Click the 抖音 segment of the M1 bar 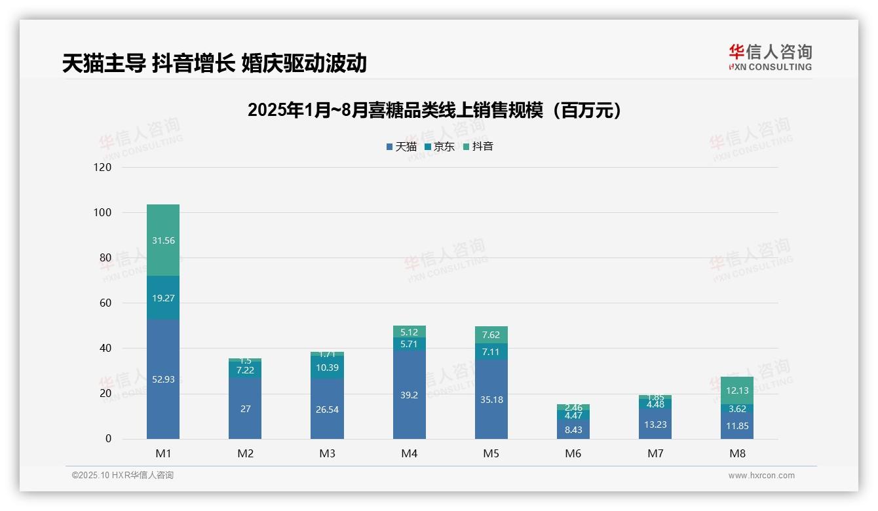click(x=163, y=240)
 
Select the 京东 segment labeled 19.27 click(x=163, y=297)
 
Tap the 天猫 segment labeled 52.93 click(x=163, y=379)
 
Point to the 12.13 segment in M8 click(x=737, y=390)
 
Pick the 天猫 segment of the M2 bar click(x=245, y=408)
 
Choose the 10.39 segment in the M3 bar click(x=327, y=368)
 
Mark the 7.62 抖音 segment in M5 click(x=491, y=335)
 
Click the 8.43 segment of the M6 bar click(x=573, y=429)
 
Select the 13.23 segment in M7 click(x=655, y=424)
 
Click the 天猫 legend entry click(x=402, y=147)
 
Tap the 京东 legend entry click(x=440, y=147)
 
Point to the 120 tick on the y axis click(x=104, y=167)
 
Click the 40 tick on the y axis click(x=105, y=349)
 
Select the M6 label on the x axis click(x=573, y=453)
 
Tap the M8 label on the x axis click(x=737, y=453)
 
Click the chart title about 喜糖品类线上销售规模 click(x=434, y=111)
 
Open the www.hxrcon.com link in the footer click(x=761, y=476)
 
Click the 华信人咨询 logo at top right click(x=770, y=57)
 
